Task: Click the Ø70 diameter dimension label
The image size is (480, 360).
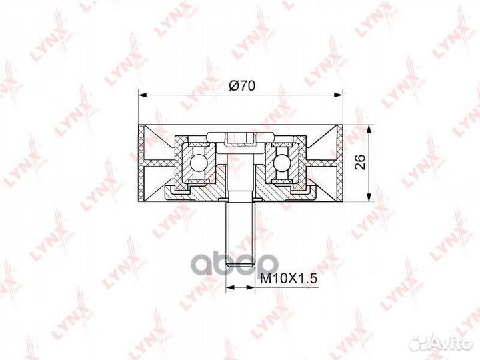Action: coord(241,86)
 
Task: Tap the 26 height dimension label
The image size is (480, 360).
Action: coord(361,162)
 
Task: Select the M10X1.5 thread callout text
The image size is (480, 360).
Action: coord(289,279)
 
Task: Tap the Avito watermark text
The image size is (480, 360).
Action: coord(452,344)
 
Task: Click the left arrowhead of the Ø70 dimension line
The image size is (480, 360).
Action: coord(143,95)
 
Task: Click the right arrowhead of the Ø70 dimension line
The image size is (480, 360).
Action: coord(337,95)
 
